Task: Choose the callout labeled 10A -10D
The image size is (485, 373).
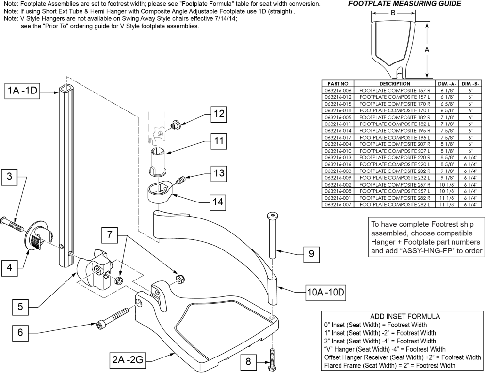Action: click(x=324, y=292)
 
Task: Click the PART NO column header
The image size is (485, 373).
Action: click(x=338, y=83)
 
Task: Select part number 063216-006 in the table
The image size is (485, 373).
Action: click(x=338, y=90)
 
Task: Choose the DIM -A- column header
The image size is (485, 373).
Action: click(x=446, y=83)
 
